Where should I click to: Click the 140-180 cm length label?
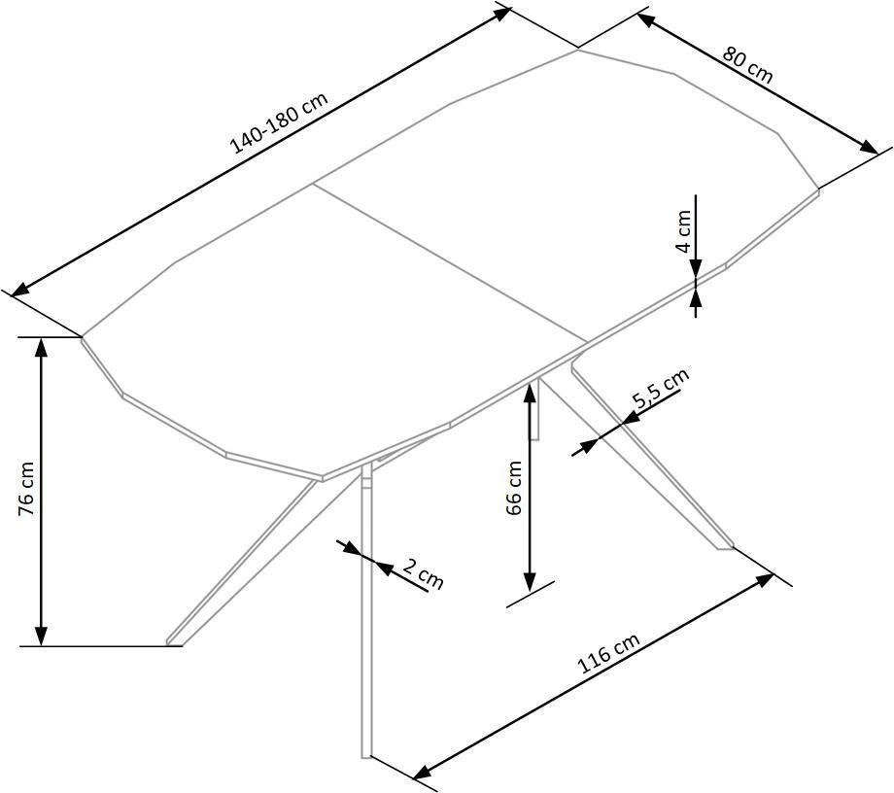(x=280, y=123)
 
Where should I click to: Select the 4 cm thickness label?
(x=685, y=232)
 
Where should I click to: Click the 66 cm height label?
(x=514, y=487)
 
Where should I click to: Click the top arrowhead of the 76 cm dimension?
(x=41, y=346)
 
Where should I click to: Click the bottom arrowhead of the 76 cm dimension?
(x=41, y=638)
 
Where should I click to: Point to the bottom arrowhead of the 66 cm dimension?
(x=530, y=584)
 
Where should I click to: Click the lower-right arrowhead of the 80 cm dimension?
(x=871, y=148)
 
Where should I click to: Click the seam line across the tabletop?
(x=452, y=262)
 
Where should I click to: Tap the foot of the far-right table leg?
(x=724, y=546)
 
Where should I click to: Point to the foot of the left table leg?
(x=173, y=640)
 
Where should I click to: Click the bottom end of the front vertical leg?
(x=366, y=754)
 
